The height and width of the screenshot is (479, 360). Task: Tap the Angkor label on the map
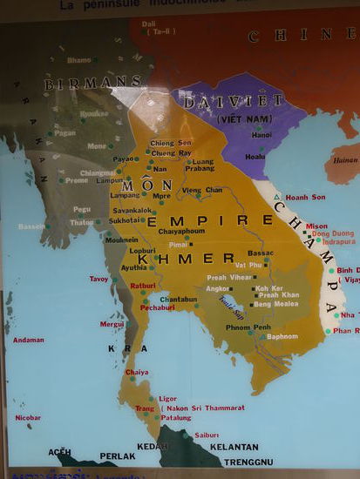tap(217, 288)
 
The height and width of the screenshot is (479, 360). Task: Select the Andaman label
tap(28, 340)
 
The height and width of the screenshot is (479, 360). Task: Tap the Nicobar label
tap(28, 417)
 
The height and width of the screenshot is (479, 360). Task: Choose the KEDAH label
tap(153, 447)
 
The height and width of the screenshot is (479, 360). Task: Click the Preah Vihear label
tap(228, 278)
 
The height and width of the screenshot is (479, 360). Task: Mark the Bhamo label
tap(79, 60)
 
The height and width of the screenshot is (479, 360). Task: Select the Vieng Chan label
tap(201, 190)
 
